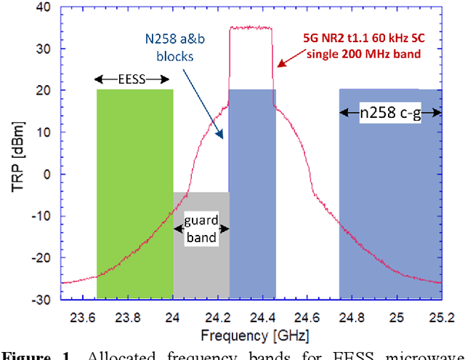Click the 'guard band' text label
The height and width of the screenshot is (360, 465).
(x=201, y=229)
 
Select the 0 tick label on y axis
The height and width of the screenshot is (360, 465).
(x=46, y=175)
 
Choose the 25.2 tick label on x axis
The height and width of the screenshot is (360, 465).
(x=441, y=317)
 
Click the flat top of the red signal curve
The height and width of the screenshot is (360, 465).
(x=251, y=28)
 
